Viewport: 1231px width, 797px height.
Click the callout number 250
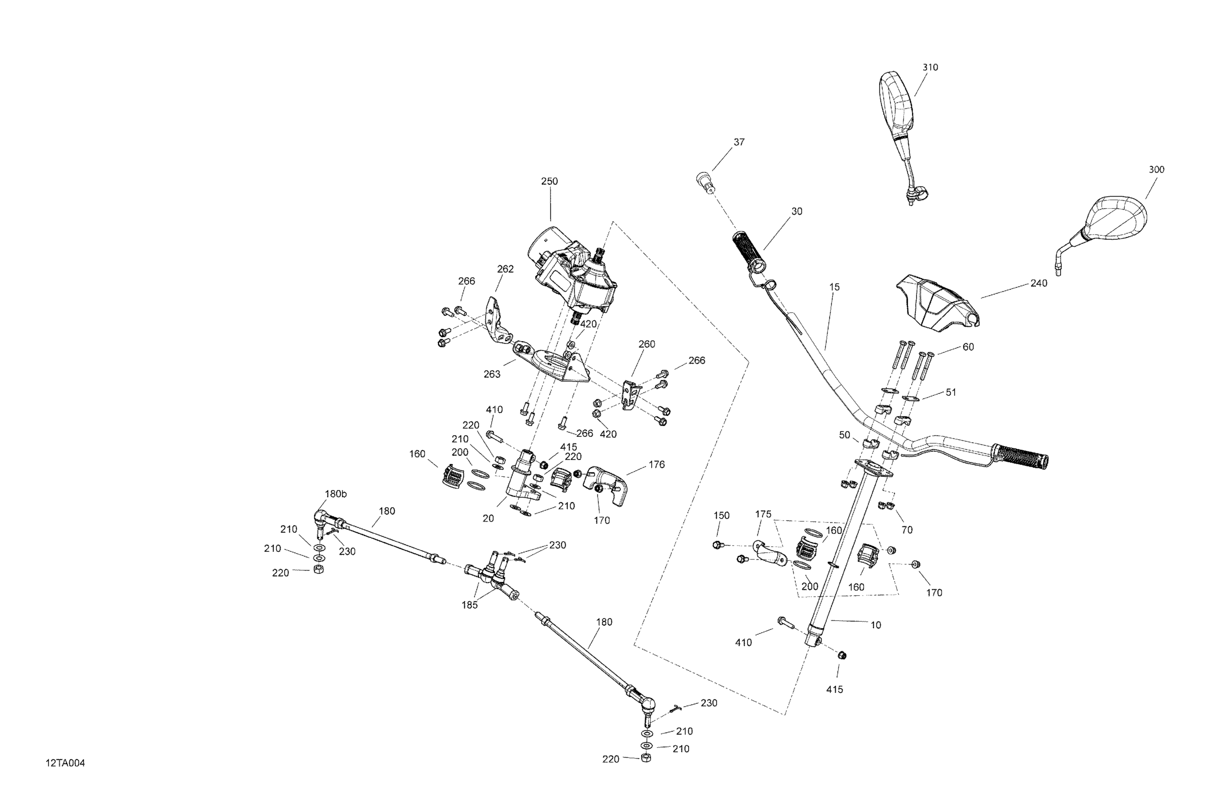pyautogui.click(x=549, y=181)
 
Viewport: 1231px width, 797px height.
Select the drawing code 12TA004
pyautogui.click(x=65, y=763)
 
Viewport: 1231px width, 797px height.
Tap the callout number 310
pyautogui.click(x=930, y=67)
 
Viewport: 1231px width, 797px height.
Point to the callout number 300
pyautogui.click(x=1156, y=170)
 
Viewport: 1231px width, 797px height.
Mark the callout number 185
pyautogui.click(x=470, y=604)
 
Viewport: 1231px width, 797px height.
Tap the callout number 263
pyautogui.click(x=492, y=374)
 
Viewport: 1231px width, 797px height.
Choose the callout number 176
pyautogui.click(x=657, y=465)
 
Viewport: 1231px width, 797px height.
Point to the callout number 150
pyautogui.click(x=721, y=515)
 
